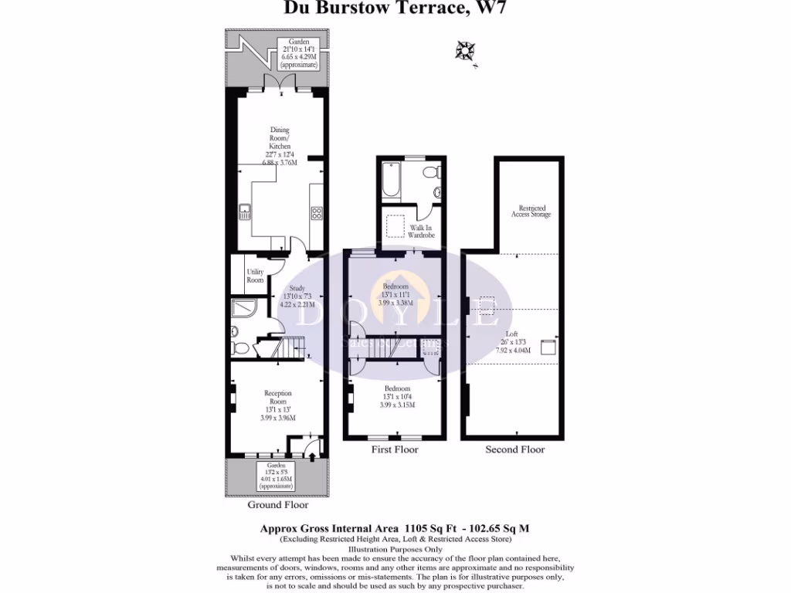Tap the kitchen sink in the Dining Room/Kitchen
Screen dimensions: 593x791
(x=244, y=211)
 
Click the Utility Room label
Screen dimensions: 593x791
(x=255, y=276)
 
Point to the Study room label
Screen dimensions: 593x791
(x=297, y=289)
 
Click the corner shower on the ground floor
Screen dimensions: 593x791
(x=241, y=310)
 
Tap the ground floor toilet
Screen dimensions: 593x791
(x=241, y=348)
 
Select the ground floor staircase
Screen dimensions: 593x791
(x=292, y=348)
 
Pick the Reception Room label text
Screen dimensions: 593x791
(x=278, y=398)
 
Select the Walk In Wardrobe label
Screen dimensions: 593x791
(x=421, y=232)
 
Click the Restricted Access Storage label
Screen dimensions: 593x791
(x=531, y=211)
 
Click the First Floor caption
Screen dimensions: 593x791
(x=395, y=449)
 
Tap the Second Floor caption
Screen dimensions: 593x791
(x=514, y=449)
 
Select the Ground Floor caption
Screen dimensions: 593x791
(x=277, y=505)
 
